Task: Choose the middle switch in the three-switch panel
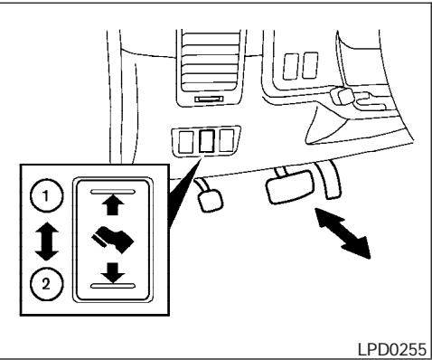tap(206, 142)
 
